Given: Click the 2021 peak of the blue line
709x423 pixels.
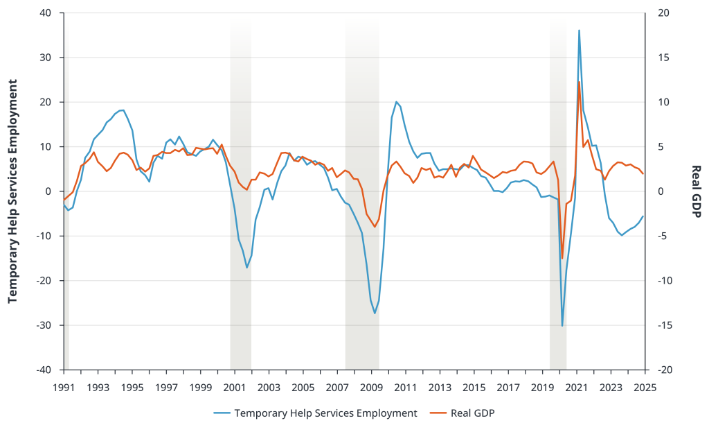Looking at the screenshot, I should click(x=579, y=31).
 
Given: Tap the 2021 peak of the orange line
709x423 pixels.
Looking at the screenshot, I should click(x=579, y=82).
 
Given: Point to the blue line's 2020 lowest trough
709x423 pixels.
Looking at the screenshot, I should click(x=562, y=326).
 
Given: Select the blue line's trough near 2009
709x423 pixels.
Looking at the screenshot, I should click(x=375, y=313).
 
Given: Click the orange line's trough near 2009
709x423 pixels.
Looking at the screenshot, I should click(x=375, y=227).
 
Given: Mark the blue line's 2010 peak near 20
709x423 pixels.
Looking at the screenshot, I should click(x=396, y=102).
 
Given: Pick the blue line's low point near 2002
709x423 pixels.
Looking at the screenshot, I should click(x=246, y=268).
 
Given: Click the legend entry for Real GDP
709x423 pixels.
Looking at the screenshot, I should click(x=473, y=413).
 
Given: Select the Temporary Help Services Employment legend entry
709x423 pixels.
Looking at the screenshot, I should click(x=325, y=413).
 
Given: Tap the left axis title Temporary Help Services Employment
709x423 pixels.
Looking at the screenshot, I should click(x=12, y=191).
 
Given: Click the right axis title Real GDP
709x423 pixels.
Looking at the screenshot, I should click(x=696, y=191).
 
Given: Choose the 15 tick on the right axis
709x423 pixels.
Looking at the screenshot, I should click(x=664, y=58).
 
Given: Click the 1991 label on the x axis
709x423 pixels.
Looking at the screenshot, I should click(x=63, y=387).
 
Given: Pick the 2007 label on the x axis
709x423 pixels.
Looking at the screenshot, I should click(x=337, y=387).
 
